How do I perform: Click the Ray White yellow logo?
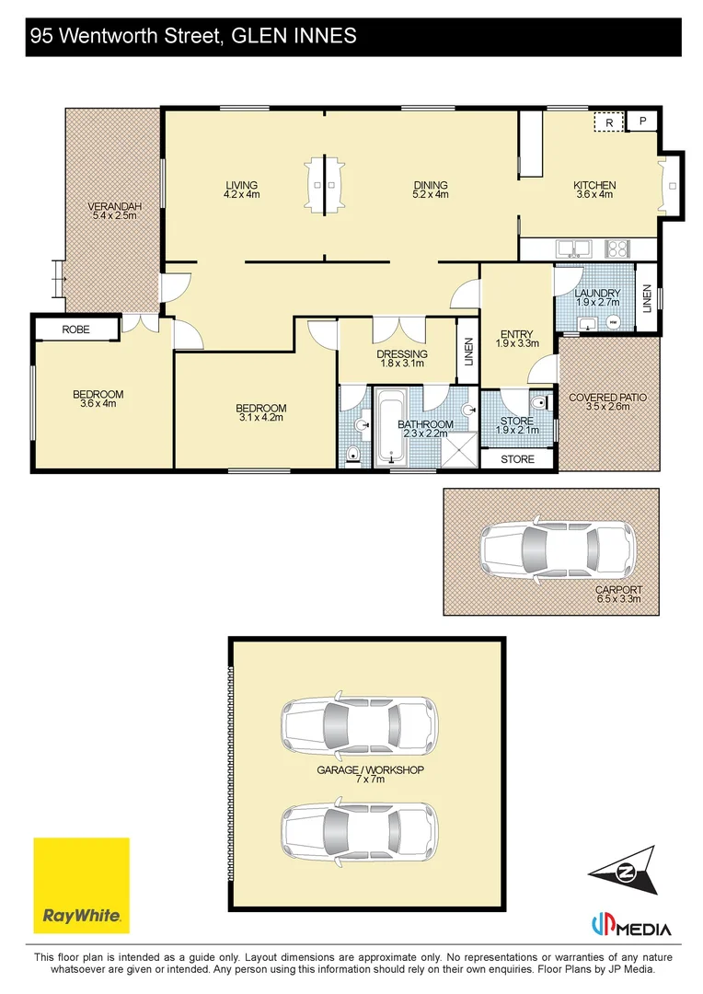pyautogui.click(x=81, y=885)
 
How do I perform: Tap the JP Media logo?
pyautogui.click(x=630, y=926)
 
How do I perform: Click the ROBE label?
pyautogui.click(x=76, y=329)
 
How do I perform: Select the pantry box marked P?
pyautogui.click(x=642, y=121)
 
